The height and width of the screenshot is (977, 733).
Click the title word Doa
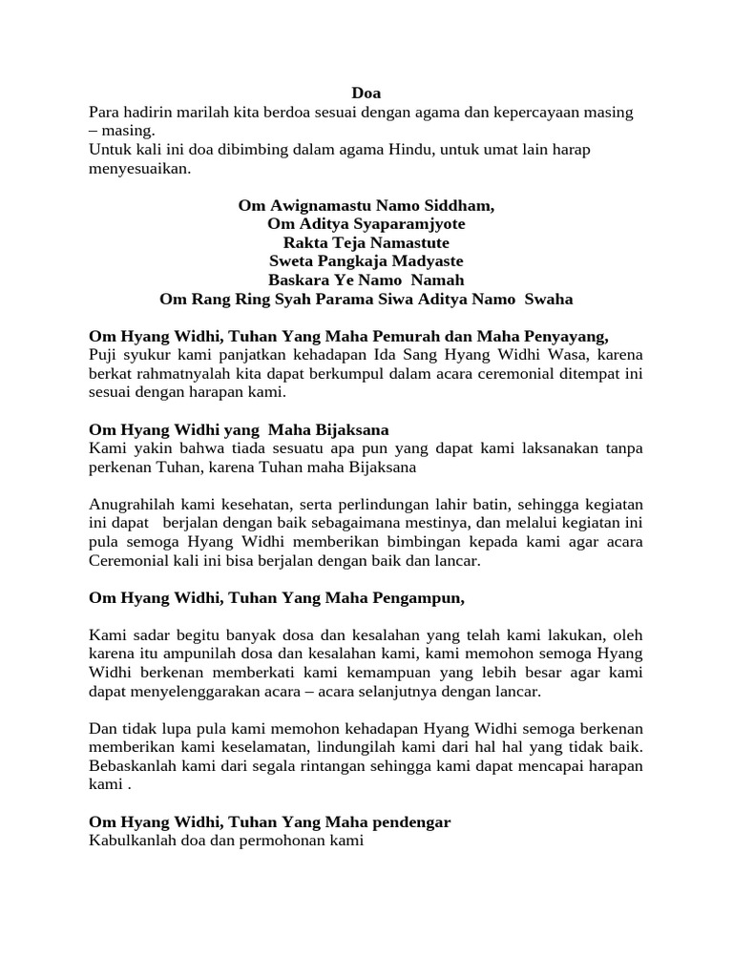tap(366, 94)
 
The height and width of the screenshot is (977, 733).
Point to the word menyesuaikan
tap(138, 169)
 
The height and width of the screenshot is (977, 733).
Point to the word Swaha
tap(549, 299)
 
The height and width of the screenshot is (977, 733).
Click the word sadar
tap(146, 635)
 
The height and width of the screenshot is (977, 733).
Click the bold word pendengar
tap(407, 822)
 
